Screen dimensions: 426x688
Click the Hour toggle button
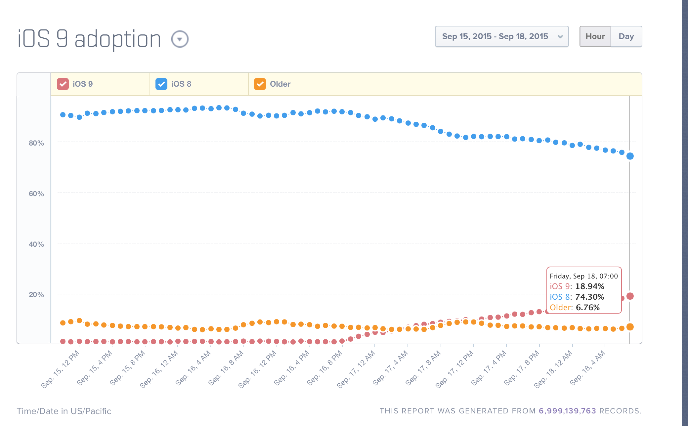(595, 36)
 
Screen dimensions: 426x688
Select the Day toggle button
(626, 36)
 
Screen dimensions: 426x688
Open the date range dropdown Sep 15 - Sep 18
(501, 36)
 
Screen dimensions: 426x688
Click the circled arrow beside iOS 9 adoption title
(180, 39)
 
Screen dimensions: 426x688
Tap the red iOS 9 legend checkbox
(63, 84)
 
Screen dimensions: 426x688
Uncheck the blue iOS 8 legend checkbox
(161, 84)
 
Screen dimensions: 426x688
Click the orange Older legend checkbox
(260, 84)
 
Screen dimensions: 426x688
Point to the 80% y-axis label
(36, 143)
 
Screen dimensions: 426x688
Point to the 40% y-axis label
(36, 244)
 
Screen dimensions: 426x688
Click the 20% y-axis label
(36, 295)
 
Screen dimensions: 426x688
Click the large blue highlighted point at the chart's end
(630, 156)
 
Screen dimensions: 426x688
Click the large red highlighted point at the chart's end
(630, 296)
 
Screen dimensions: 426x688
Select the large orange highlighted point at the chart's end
(630, 327)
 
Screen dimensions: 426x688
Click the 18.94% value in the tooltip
(589, 286)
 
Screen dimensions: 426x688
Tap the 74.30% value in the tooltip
(589, 297)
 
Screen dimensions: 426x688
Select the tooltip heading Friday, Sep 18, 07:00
(583, 276)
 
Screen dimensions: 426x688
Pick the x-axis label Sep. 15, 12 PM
(61, 369)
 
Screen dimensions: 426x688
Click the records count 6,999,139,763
(567, 411)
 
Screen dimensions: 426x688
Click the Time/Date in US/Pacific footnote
(64, 411)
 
